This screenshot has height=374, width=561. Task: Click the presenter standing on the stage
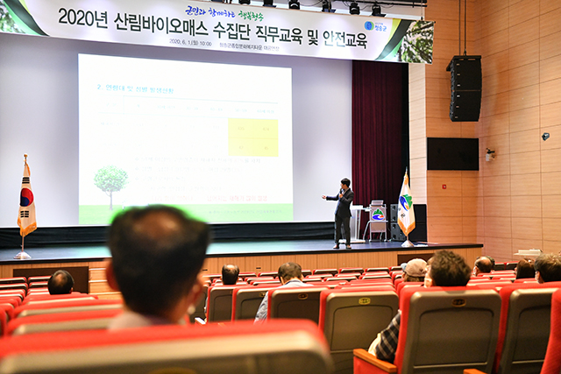click(x=342, y=213)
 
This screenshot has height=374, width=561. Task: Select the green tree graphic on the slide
click(x=110, y=182)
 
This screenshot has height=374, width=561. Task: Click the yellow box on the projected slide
click(x=252, y=137)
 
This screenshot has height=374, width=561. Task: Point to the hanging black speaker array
click(x=465, y=88)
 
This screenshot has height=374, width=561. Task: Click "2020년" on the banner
click(x=83, y=18)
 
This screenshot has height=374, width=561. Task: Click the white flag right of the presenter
click(x=406, y=207)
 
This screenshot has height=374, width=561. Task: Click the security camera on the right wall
click(x=545, y=137)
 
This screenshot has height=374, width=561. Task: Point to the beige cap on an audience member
click(x=415, y=266)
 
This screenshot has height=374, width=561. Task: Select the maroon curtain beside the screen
click(x=379, y=131)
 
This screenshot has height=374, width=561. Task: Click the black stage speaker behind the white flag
click(x=420, y=222)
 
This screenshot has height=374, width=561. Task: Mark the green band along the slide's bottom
click(x=185, y=213)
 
